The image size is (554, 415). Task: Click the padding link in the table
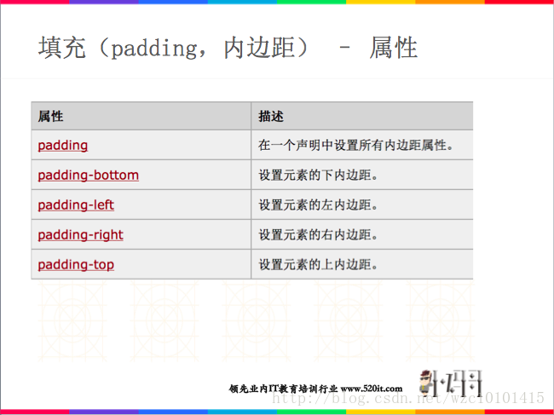63,145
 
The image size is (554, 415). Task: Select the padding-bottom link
88,175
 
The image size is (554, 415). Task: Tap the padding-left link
76,205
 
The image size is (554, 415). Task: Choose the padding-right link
80,234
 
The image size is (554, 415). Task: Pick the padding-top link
76,264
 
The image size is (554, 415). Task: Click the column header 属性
50,116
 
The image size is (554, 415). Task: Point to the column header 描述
271,116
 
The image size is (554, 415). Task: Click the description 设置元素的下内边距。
318,176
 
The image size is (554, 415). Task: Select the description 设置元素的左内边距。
318,205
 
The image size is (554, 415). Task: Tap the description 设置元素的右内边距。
318,235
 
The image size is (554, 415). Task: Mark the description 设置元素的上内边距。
318,265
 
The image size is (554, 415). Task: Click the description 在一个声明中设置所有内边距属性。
355,146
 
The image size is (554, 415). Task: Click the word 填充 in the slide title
61,48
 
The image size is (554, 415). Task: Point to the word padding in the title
153,48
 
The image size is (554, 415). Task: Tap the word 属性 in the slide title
393,48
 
